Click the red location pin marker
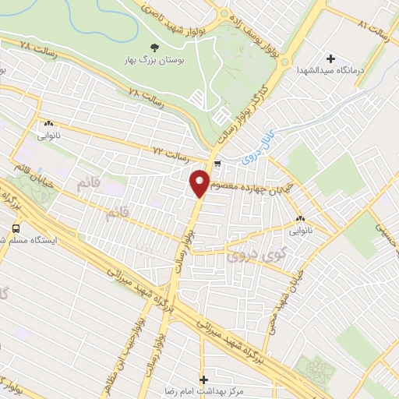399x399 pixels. point(200,183)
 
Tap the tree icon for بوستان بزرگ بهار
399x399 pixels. point(154,47)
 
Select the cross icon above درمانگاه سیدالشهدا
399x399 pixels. point(330,58)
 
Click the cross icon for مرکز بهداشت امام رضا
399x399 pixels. point(205,380)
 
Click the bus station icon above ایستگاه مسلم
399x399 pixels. point(16,228)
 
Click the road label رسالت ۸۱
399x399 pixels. point(373,25)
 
